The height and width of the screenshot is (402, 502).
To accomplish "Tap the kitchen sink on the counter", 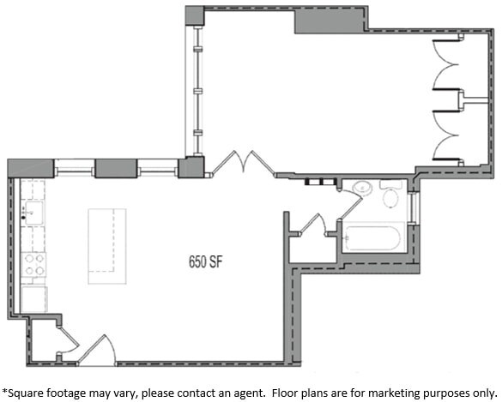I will coord(33,213).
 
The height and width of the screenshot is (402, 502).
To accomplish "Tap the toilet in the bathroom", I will coord(391,195).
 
